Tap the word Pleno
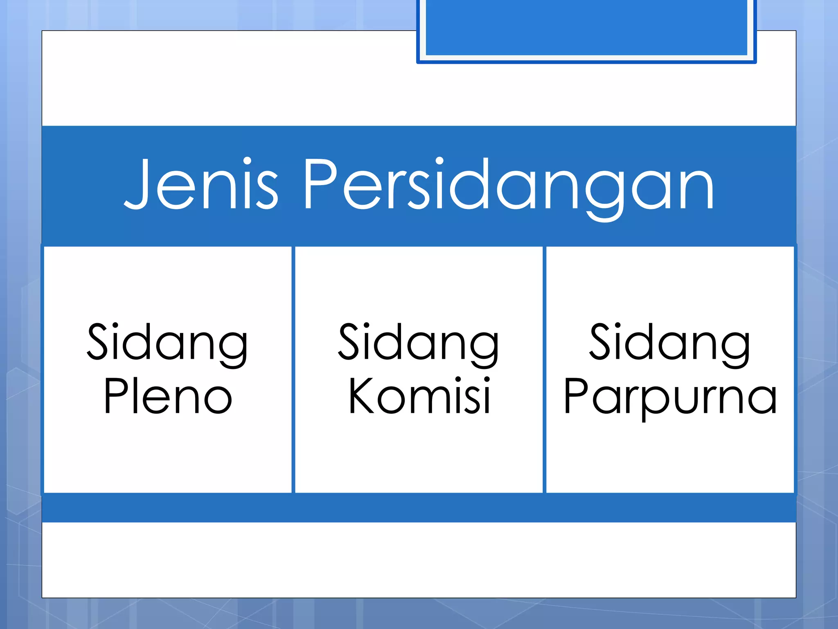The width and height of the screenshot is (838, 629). pyautogui.click(x=168, y=396)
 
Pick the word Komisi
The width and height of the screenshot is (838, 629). pyautogui.click(x=419, y=396)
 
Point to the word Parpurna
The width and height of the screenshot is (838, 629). pyautogui.click(x=670, y=397)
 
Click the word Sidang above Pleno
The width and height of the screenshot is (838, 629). pyautogui.click(x=167, y=343)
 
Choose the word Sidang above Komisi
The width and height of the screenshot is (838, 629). pyautogui.click(x=419, y=343)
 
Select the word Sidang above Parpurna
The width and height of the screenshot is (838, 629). pyautogui.click(x=670, y=343)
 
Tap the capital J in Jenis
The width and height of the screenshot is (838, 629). pyautogui.click(x=137, y=184)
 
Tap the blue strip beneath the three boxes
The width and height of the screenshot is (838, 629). pyautogui.click(x=419, y=508)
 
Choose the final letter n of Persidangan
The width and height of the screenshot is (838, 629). pyautogui.click(x=698, y=190)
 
